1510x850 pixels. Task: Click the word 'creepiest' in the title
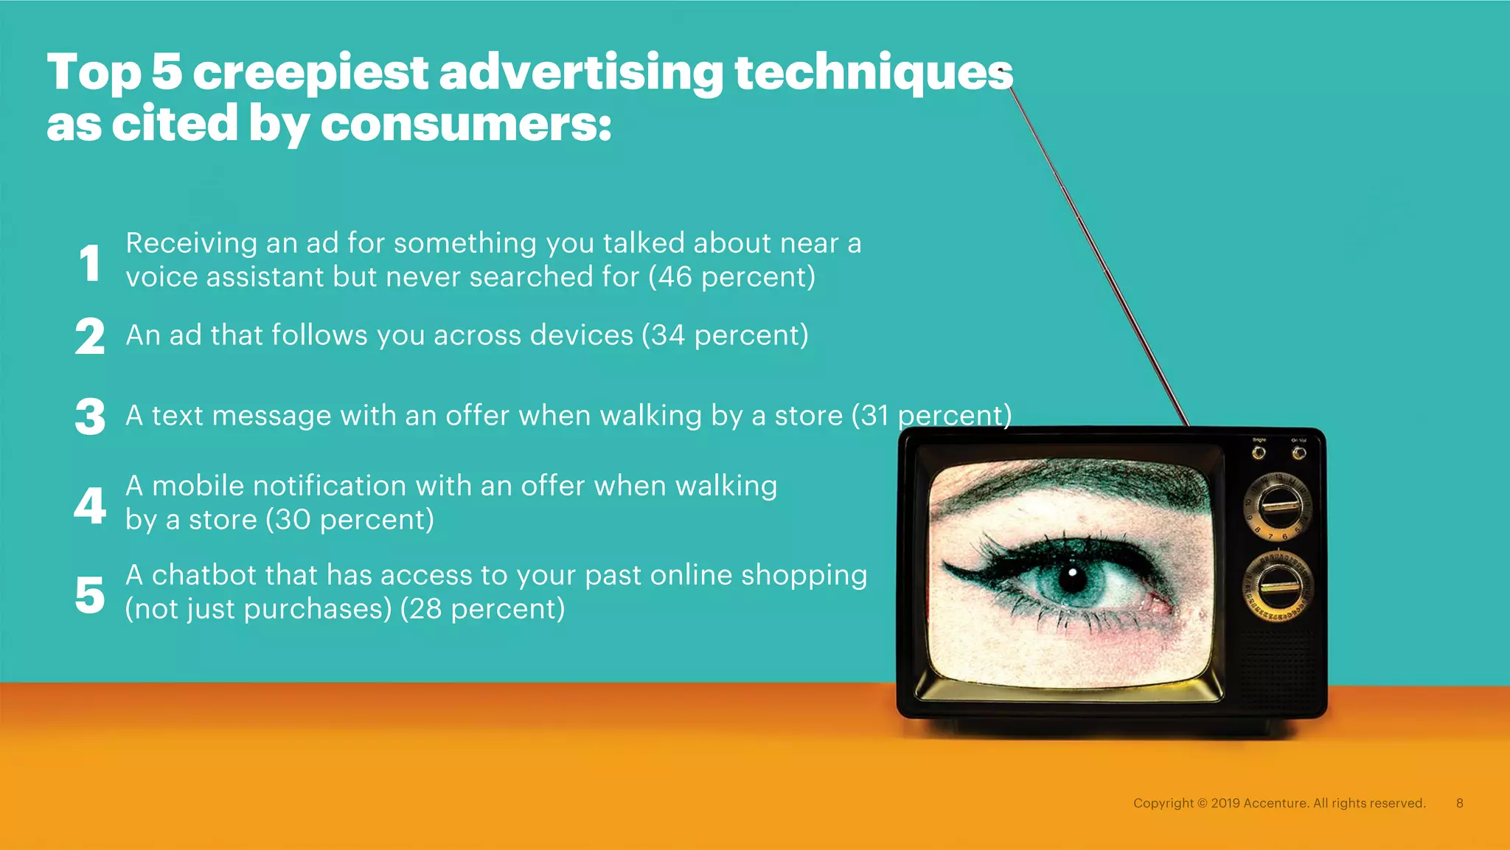(x=310, y=73)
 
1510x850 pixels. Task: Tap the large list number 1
(x=90, y=263)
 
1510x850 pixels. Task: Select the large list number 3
(x=90, y=417)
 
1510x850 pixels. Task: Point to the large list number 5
(x=90, y=595)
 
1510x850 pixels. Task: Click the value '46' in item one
(x=675, y=277)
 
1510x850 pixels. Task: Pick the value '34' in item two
(x=667, y=335)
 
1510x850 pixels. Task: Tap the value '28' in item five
(x=425, y=610)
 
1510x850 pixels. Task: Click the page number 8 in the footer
(x=1459, y=803)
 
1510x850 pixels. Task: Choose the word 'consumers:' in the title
(x=466, y=124)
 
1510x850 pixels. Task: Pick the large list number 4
(x=90, y=506)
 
